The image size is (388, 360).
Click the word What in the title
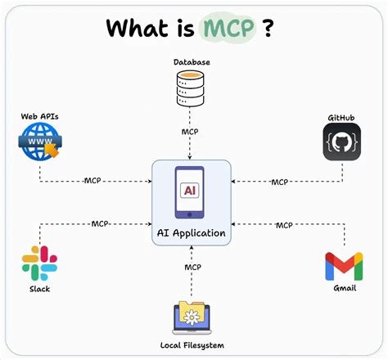[x=136, y=28]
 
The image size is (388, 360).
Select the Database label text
[x=191, y=62]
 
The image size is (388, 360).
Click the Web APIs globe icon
[x=39, y=146]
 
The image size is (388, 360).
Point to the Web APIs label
[x=39, y=117]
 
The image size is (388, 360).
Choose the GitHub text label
[x=341, y=117]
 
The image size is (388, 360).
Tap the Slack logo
[x=39, y=263]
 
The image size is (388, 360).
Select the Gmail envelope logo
[x=344, y=266]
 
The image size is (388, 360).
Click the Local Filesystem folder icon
[x=192, y=317]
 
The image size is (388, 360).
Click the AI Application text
[x=191, y=234]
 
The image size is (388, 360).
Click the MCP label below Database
[x=191, y=131]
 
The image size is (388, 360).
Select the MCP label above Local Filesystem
[x=192, y=267]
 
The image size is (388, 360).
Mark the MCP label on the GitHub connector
[x=280, y=182]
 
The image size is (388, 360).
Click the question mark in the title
[x=268, y=28]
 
